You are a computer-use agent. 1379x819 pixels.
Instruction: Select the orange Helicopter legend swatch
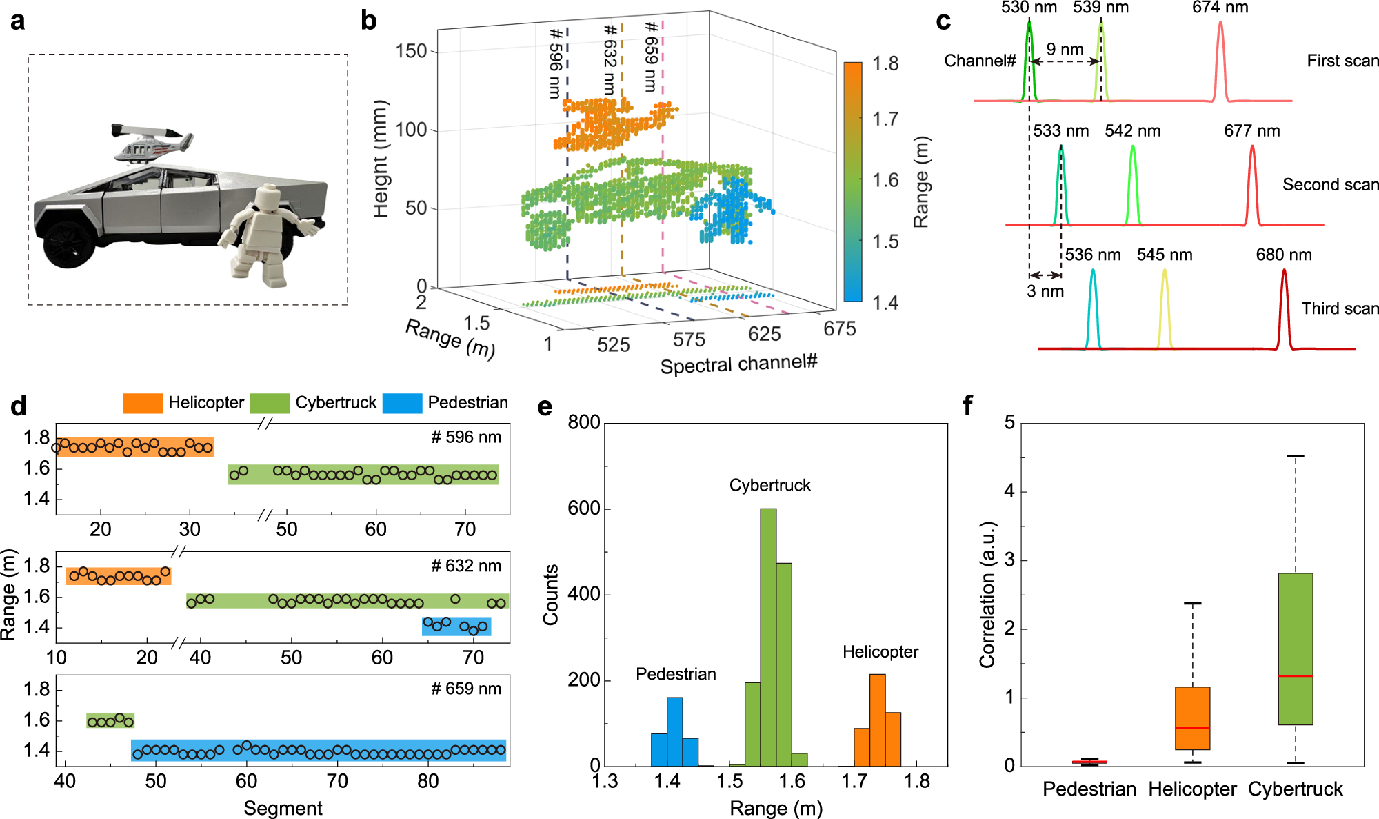(x=143, y=403)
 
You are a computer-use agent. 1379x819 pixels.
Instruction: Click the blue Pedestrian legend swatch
(x=402, y=403)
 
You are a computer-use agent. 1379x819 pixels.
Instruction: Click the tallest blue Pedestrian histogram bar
(x=675, y=731)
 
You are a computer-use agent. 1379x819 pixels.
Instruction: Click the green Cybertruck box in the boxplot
(x=1295, y=649)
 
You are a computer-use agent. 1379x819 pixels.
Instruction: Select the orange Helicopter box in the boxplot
(x=1192, y=718)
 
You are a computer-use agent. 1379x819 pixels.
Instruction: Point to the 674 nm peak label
(x=1220, y=8)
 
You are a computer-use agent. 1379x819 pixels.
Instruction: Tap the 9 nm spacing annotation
(x=1065, y=50)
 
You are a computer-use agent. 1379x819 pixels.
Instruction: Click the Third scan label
(x=1340, y=308)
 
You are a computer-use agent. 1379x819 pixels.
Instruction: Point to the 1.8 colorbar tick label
(x=885, y=63)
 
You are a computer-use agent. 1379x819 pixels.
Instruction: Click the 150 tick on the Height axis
(x=411, y=51)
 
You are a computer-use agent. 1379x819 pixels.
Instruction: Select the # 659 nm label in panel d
(x=466, y=689)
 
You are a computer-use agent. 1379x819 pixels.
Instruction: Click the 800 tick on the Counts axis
(x=583, y=422)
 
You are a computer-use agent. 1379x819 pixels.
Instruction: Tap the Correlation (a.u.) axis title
(x=987, y=594)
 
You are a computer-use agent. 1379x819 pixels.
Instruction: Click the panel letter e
(x=545, y=407)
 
